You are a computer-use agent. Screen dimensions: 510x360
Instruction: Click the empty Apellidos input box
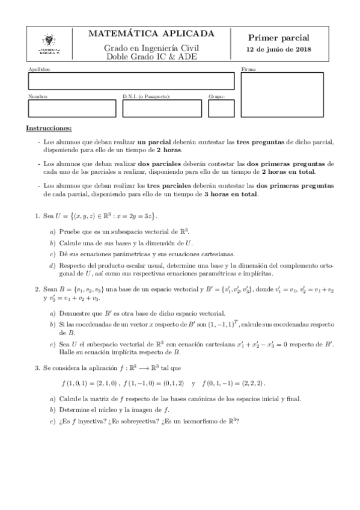(131, 81)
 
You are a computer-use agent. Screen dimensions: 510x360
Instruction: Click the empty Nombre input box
(72, 108)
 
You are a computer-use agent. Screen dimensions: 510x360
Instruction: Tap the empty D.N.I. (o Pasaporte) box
(162, 108)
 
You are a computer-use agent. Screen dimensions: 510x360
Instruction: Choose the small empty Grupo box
(217, 108)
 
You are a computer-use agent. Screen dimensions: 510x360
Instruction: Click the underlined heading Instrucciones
(49, 129)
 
